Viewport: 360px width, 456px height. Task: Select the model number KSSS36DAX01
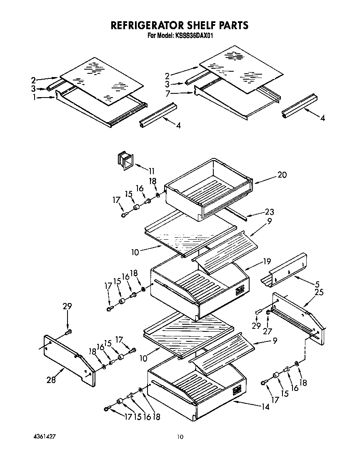tap(192, 36)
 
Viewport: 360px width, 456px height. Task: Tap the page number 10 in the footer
tap(180, 437)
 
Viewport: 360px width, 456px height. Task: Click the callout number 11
tap(151, 170)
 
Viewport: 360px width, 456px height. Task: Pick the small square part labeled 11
tap(124, 161)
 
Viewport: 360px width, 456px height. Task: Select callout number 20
tap(282, 175)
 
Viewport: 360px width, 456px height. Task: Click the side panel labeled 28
tap(69, 359)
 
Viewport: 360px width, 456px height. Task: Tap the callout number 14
tap(265, 407)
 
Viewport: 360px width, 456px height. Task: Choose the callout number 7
tap(168, 94)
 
